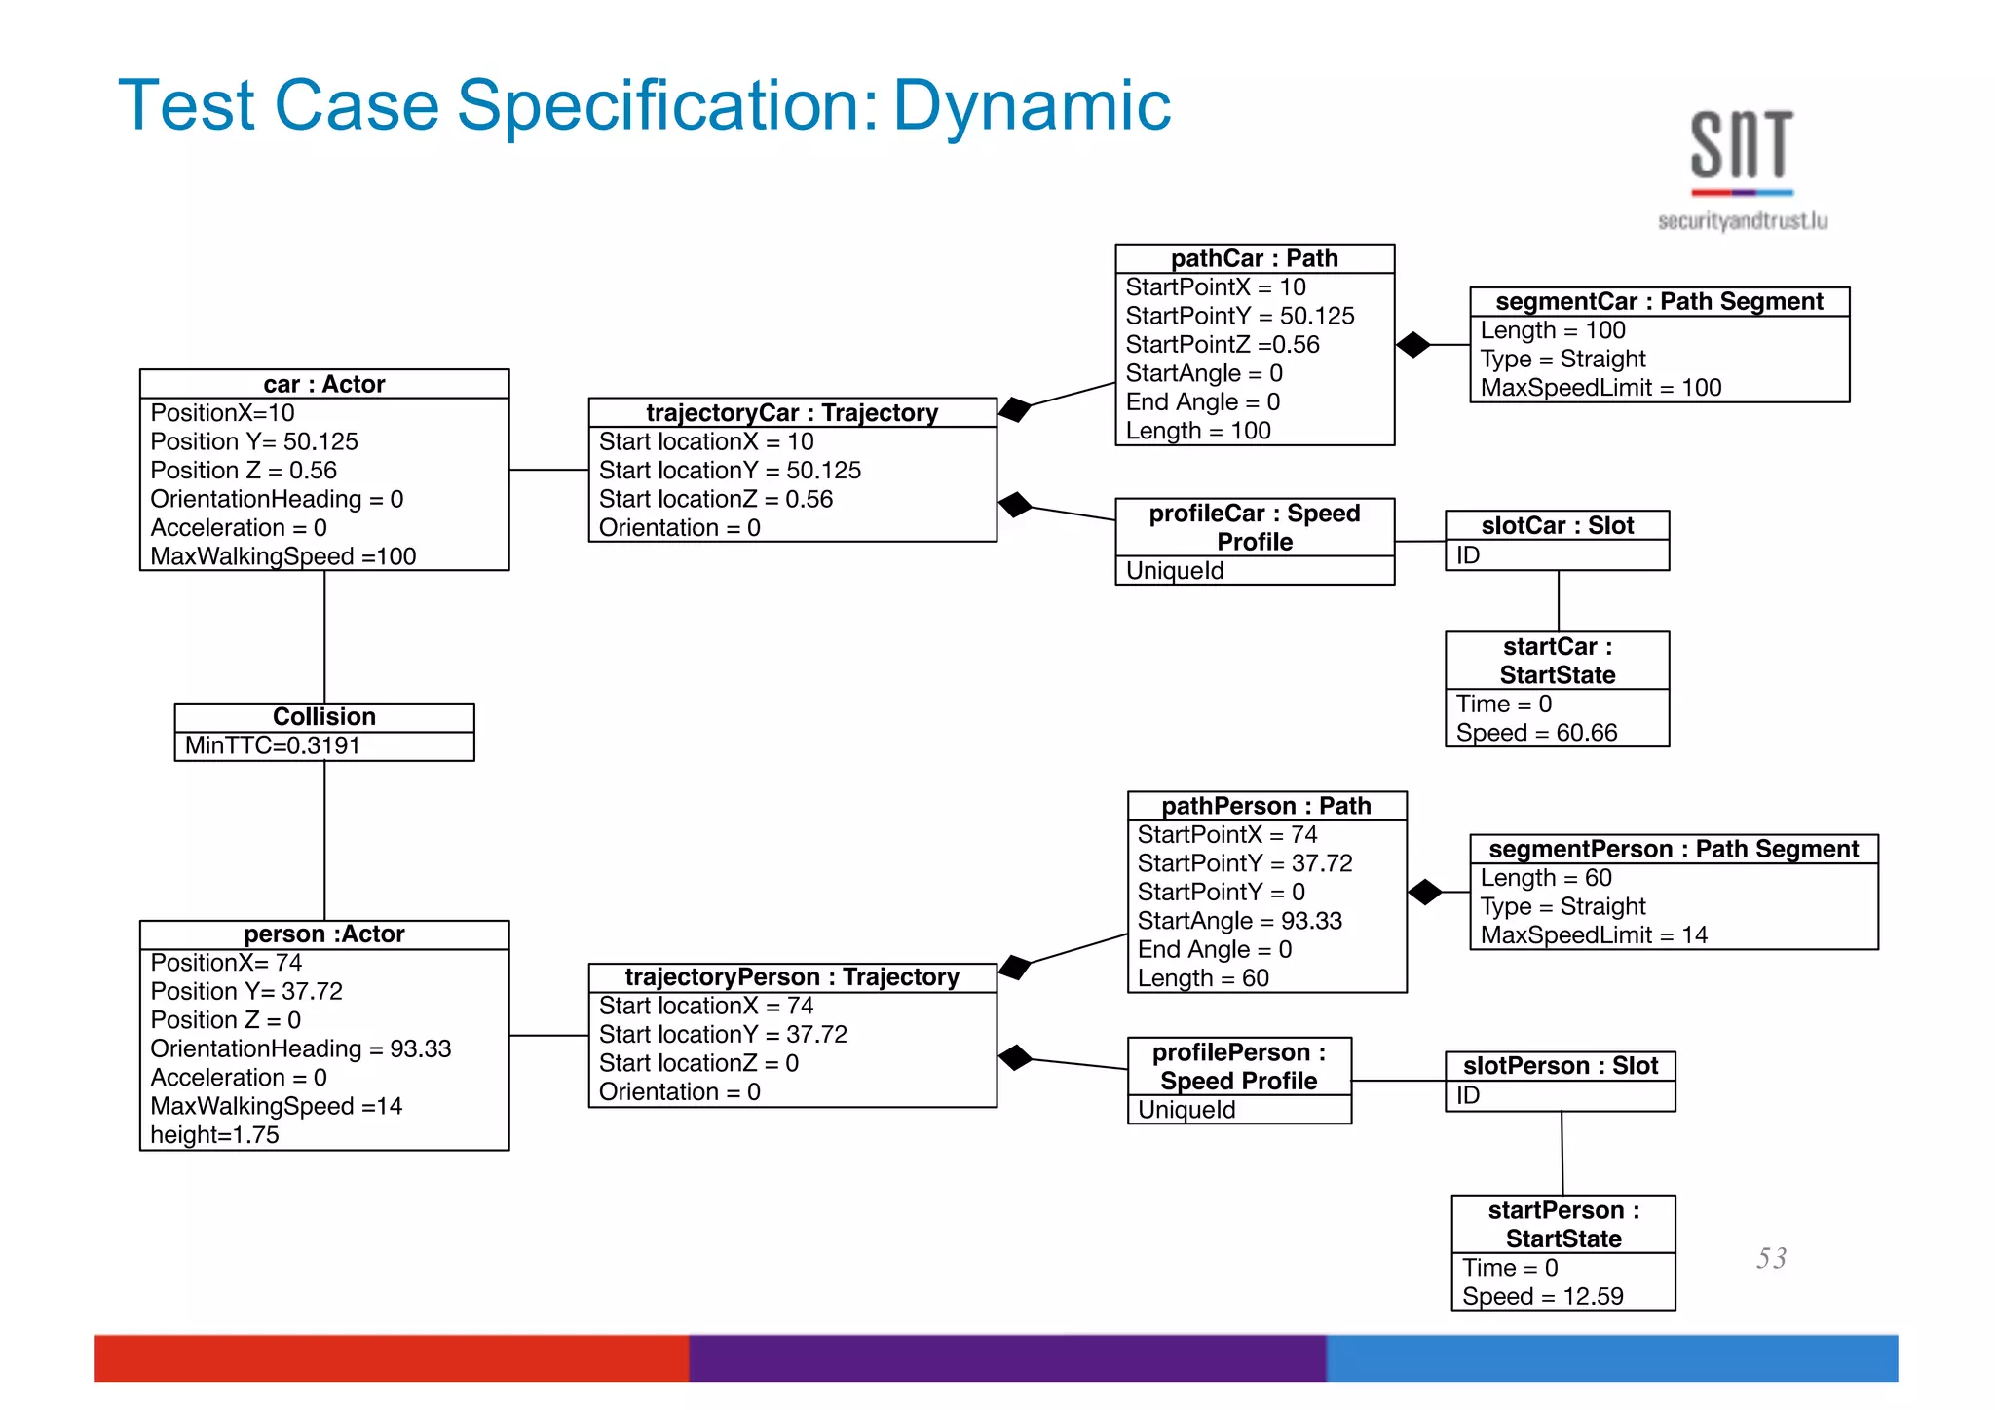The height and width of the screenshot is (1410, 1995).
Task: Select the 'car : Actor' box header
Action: coord(324,384)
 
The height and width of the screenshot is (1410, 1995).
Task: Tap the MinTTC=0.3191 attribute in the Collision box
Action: coord(273,746)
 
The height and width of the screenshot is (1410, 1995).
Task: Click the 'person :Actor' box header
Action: coord(324,934)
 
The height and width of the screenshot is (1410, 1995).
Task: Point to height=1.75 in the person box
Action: coord(214,1135)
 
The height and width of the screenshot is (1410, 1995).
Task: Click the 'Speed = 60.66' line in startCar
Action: coord(1536,733)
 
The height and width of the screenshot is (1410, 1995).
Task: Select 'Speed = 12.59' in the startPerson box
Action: coord(1542,1297)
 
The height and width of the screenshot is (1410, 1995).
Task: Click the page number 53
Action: coord(1771,1258)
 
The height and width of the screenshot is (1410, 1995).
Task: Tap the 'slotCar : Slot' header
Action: coord(1557,526)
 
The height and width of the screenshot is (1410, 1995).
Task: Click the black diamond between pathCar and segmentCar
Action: coord(1413,345)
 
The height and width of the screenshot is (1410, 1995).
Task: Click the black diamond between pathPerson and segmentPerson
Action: coord(1425,892)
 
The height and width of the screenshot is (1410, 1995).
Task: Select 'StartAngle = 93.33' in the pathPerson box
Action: coord(1239,921)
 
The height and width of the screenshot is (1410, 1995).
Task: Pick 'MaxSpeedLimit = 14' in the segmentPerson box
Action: coord(1594,935)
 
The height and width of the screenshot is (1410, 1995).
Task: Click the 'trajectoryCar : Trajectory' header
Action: coord(792,413)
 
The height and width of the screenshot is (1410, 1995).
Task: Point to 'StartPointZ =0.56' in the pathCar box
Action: coord(1223,345)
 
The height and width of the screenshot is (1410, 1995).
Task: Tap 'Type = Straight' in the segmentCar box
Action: coord(1562,360)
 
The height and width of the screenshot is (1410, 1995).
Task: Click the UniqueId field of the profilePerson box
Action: coord(1186,1110)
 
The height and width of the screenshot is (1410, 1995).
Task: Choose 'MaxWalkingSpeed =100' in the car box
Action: coord(282,556)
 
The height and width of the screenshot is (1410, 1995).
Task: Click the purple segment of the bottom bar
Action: coord(1007,1358)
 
